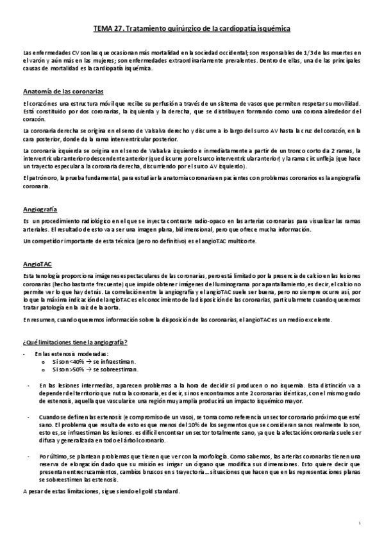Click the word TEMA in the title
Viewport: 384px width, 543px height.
click(105, 29)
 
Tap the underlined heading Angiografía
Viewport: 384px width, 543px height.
click(40, 209)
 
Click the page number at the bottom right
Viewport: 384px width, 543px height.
click(360, 523)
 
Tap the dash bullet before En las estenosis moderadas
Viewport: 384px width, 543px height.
click(24, 354)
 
